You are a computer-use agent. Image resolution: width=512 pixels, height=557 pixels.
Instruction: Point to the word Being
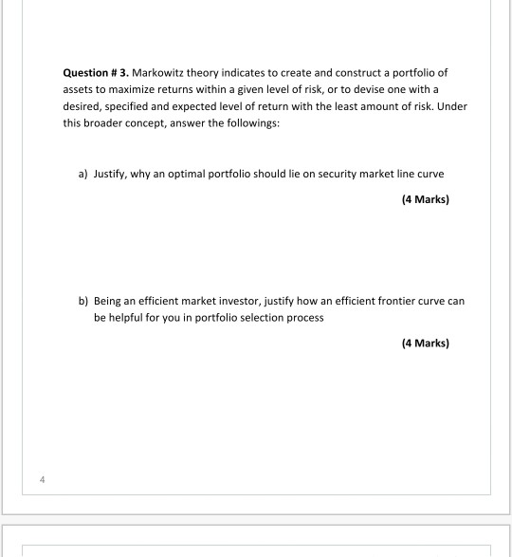pos(108,301)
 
